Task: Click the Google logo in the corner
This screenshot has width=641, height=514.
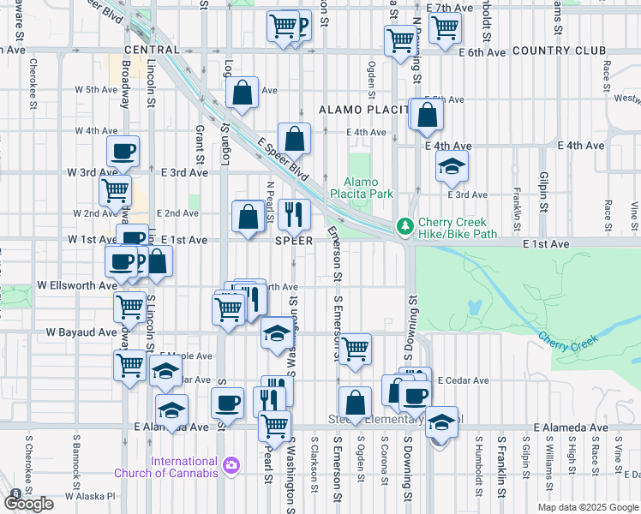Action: pyautogui.click(x=28, y=503)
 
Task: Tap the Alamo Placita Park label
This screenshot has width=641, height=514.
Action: pyautogui.click(x=368, y=188)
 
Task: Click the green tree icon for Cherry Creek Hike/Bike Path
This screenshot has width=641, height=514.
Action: pyautogui.click(x=404, y=227)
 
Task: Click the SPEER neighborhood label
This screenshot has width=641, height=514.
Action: pyautogui.click(x=293, y=242)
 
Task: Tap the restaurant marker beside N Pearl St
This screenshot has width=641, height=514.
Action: pyautogui.click(x=294, y=214)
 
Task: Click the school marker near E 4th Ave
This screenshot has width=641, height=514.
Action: pyautogui.click(x=452, y=167)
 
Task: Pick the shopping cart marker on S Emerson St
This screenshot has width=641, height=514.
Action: pyautogui.click(x=354, y=348)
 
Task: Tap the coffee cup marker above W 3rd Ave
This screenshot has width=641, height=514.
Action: pyautogui.click(x=123, y=152)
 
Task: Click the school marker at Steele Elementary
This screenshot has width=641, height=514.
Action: pyautogui.click(x=441, y=422)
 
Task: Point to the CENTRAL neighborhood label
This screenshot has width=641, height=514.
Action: pyautogui.click(x=152, y=51)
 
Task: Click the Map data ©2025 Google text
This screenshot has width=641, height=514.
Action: pyautogui.click(x=588, y=507)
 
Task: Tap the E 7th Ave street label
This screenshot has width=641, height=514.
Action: pyautogui.click(x=455, y=8)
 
